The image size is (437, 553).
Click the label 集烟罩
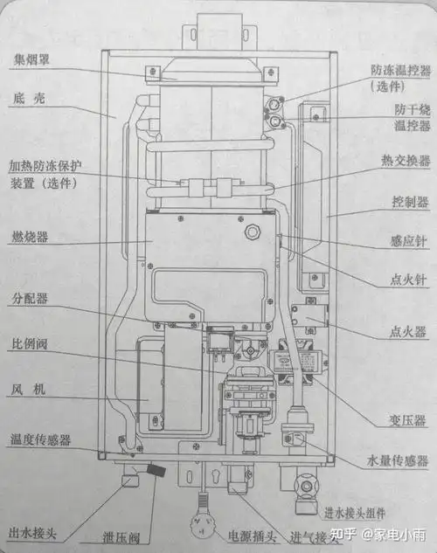[30, 60]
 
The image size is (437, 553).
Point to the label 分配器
[30, 299]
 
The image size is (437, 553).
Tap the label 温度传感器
[40, 439]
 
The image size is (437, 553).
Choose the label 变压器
[406, 421]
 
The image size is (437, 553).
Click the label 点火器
[406, 332]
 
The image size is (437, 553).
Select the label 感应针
[407, 241]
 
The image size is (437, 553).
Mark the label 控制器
[410, 202]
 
